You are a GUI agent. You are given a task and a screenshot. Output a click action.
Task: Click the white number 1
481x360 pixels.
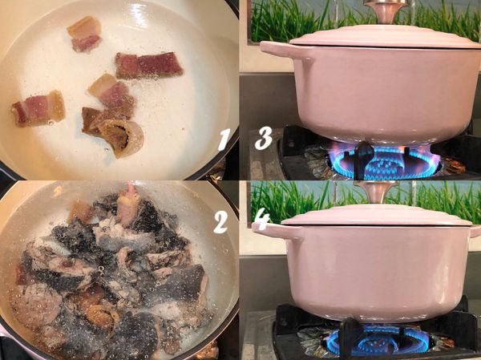(224, 140)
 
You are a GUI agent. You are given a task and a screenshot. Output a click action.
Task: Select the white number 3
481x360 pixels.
(264, 138)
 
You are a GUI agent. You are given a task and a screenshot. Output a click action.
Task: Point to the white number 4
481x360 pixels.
(261, 221)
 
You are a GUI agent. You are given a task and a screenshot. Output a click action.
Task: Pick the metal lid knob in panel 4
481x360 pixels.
(376, 191)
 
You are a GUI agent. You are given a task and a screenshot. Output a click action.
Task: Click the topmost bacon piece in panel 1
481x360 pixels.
(85, 34)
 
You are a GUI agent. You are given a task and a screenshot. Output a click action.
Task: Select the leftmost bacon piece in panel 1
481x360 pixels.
(38, 108)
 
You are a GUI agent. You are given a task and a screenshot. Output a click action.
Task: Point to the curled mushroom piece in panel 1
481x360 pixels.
(123, 136)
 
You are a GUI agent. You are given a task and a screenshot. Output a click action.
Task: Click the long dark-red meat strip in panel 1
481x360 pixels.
(149, 66)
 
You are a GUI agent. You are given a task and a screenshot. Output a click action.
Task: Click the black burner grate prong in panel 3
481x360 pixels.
(364, 159)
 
